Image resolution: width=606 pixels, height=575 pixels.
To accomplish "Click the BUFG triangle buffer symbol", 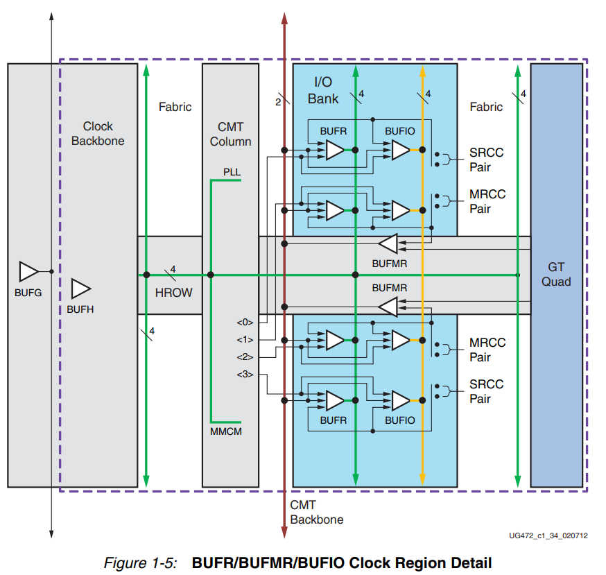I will (28, 271).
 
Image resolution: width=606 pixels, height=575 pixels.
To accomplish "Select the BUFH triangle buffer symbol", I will (81, 289).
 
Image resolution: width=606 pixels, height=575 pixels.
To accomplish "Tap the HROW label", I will (173, 293).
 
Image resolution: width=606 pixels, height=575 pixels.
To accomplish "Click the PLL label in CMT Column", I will (232, 171).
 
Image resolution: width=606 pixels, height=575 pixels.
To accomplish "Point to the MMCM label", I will (227, 431).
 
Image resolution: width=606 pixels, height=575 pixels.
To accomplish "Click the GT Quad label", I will (556, 274).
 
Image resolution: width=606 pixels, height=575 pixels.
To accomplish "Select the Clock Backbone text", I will (98, 134).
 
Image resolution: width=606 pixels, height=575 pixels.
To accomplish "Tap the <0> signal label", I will (245, 323).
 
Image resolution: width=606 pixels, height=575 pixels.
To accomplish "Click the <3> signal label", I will (245, 375).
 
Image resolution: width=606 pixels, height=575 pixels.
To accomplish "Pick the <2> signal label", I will (245, 357).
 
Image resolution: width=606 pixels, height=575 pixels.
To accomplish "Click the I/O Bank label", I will (323, 91).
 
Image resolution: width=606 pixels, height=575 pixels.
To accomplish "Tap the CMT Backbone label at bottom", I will (316, 513).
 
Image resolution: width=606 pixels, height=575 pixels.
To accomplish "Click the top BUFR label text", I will (334, 130).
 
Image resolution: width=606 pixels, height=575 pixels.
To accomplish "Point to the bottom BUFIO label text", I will (400, 420).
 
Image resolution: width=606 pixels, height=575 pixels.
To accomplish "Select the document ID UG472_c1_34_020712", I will (547, 535).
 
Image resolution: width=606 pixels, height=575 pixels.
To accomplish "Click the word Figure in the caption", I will (125, 563).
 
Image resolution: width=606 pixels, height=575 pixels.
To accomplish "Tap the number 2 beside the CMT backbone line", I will (278, 103).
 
